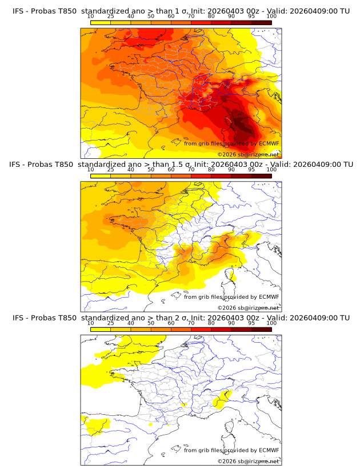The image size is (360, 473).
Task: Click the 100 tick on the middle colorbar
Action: (271, 170)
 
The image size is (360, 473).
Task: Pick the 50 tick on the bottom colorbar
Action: (151, 323)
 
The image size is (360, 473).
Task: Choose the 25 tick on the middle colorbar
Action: (111, 170)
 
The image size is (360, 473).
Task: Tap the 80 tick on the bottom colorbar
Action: (211, 323)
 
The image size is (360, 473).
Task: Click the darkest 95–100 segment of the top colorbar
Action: (261, 23)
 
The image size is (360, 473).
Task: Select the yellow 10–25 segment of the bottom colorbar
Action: (101, 330)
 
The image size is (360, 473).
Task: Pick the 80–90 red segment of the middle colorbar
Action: (221, 177)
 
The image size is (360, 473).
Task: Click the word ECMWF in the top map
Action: (269, 143)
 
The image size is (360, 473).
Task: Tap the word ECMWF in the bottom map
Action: (269, 450)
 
